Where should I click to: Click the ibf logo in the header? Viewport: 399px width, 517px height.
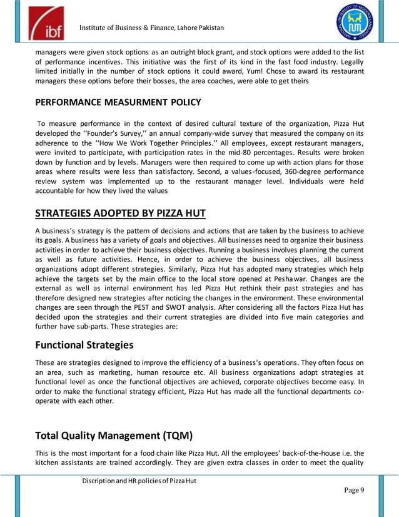click(45, 24)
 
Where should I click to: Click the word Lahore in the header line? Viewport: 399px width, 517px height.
click(179, 28)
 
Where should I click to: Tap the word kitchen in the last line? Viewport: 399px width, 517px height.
click(48, 463)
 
